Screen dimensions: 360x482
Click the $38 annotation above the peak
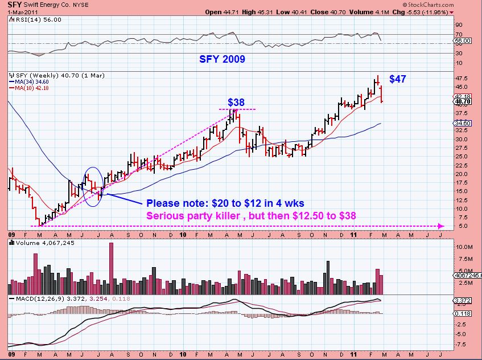(236, 103)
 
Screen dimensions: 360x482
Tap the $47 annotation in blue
(397, 79)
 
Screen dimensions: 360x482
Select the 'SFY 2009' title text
(222, 59)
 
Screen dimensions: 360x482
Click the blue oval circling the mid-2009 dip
(93, 185)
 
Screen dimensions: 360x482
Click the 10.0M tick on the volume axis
(465, 247)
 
